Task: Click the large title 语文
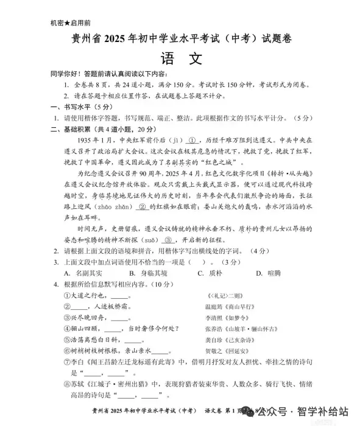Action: (x=180, y=59)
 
